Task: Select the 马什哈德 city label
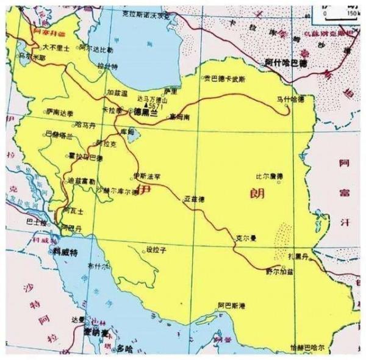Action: [x=290, y=98]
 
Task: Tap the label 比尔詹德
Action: [x=270, y=177]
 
